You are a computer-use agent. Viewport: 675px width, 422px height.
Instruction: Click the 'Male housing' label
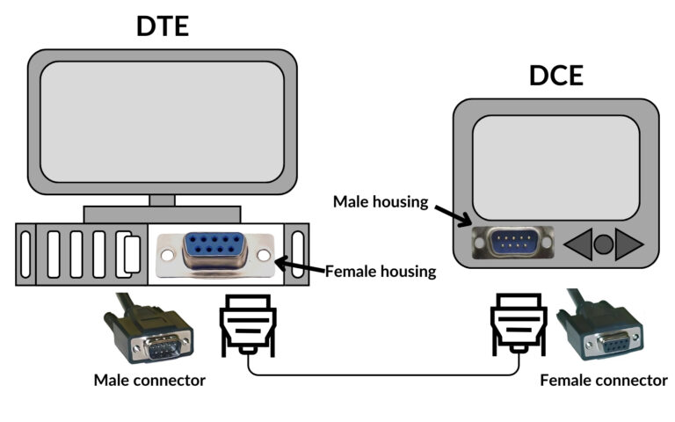click(380, 201)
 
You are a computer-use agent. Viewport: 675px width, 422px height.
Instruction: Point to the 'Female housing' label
click(381, 272)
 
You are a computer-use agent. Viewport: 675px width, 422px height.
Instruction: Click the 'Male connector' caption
click(149, 381)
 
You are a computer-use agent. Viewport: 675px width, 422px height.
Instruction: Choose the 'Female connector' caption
click(603, 381)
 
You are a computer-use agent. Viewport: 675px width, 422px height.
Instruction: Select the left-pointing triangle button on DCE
click(578, 244)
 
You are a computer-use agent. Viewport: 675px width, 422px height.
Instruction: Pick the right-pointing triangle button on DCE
click(629, 244)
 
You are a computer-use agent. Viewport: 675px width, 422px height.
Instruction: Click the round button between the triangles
click(603, 244)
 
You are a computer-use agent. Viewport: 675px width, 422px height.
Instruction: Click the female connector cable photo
click(605, 331)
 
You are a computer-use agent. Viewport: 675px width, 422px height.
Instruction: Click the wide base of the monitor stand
click(162, 214)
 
